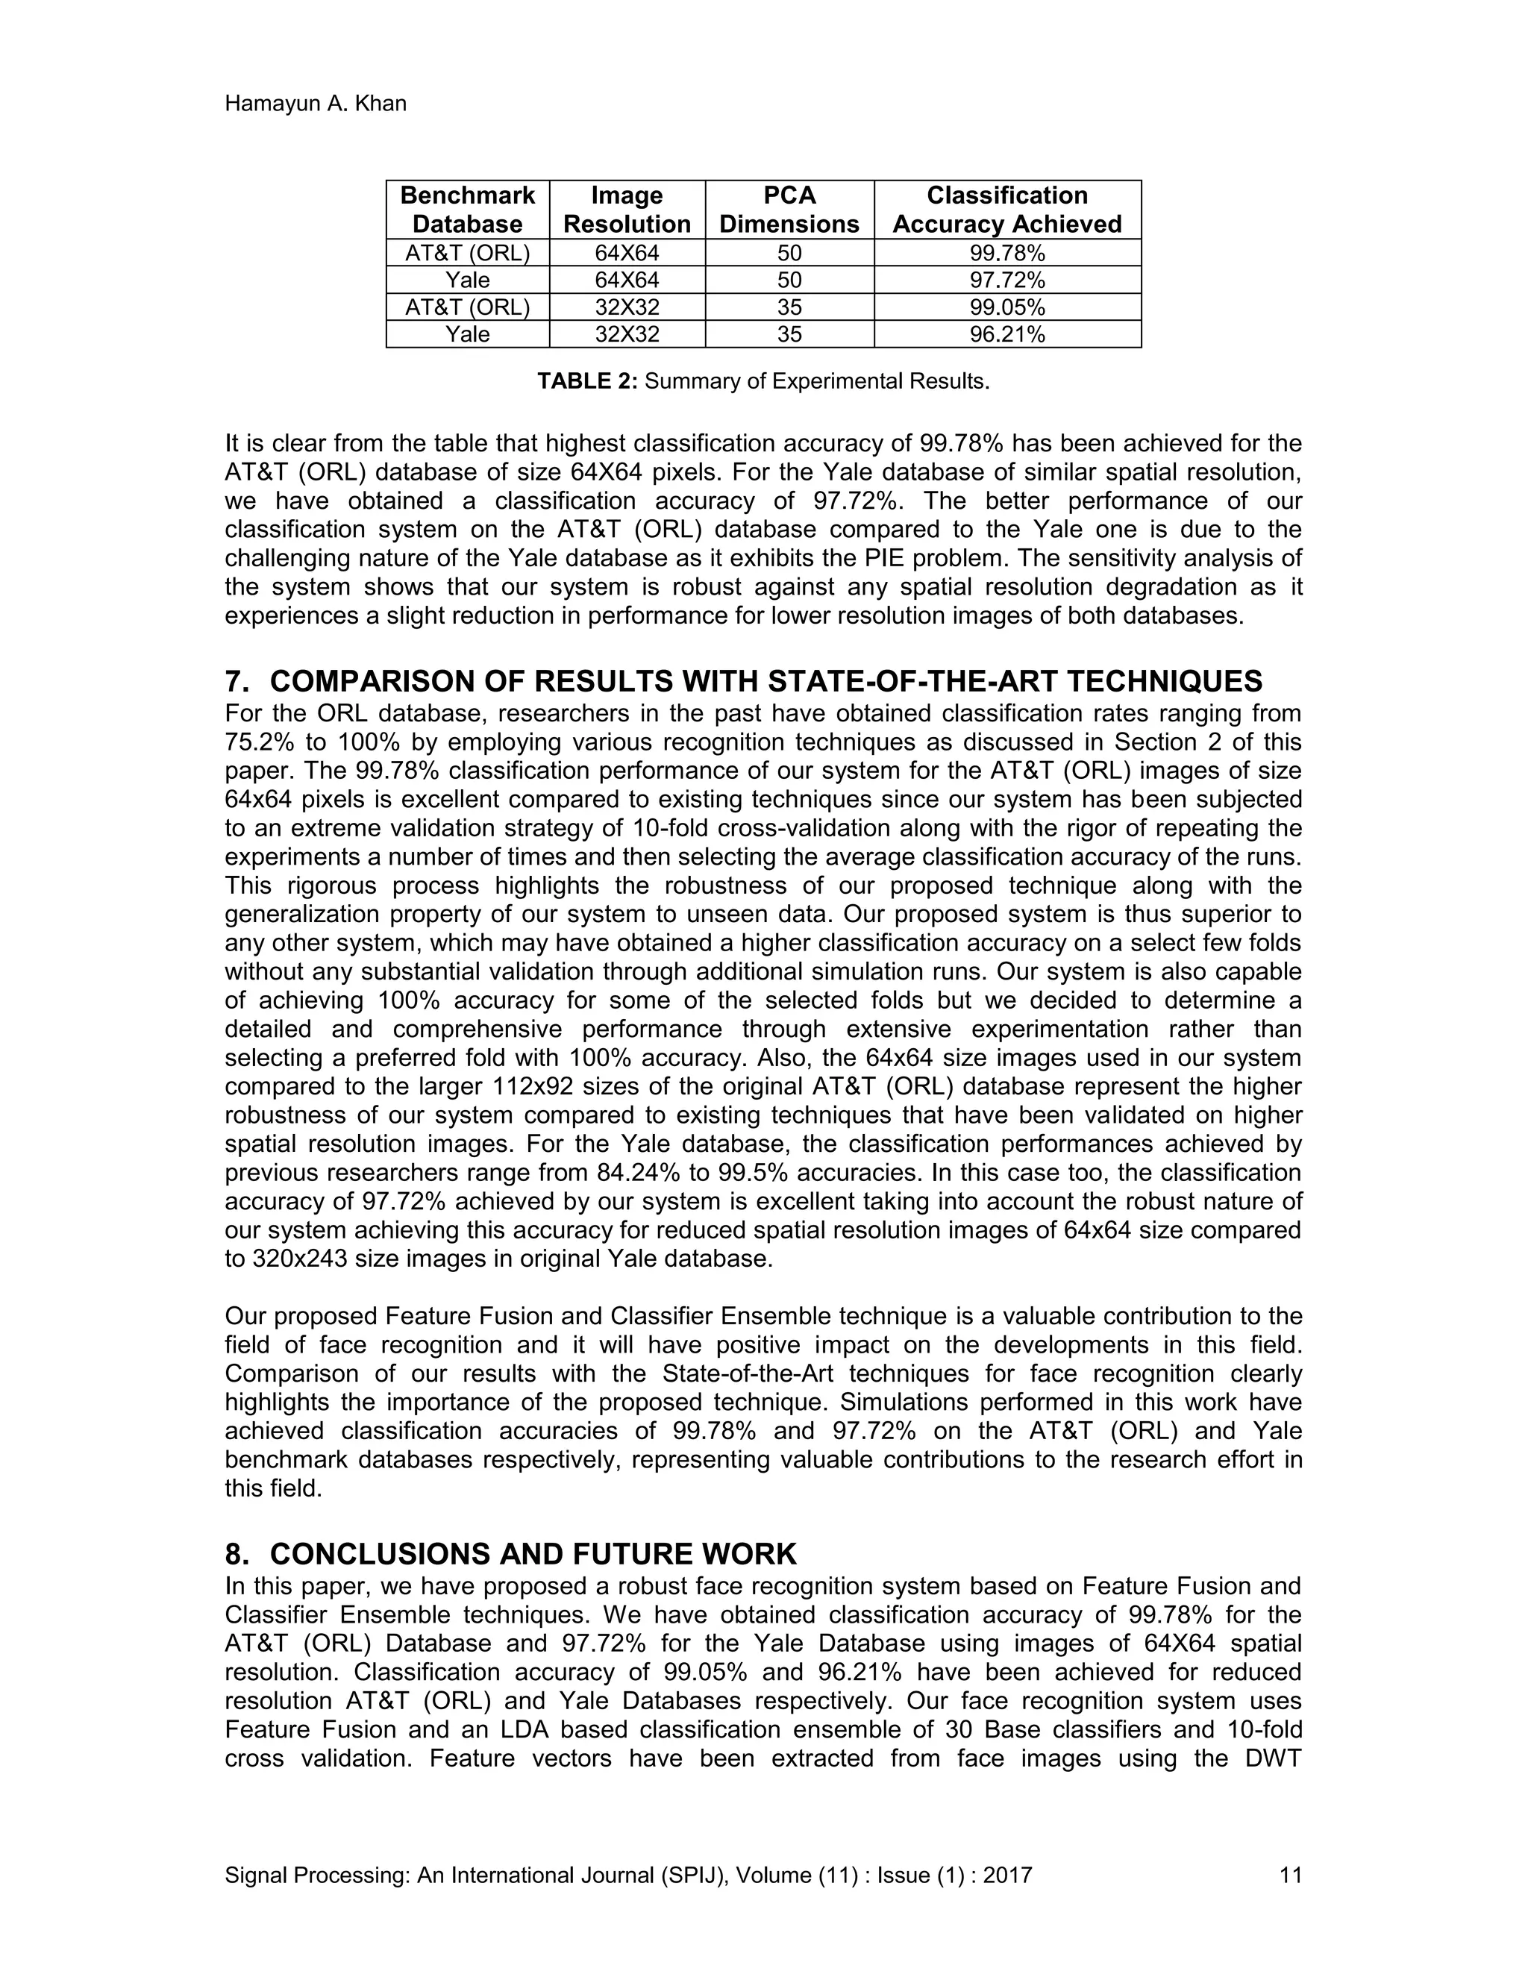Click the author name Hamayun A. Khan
(x=315, y=104)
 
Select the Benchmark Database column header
(x=467, y=210)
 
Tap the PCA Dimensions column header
(x=789, y=210)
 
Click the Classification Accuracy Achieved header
(x=1006, y=210)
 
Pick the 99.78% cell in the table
(x=1006, y=253)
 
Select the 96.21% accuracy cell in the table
(x=1006, y=335)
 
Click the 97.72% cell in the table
(x=1006, y=280)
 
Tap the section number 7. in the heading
(x=237, y=680)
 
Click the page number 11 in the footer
(x=1290, y=1875)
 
